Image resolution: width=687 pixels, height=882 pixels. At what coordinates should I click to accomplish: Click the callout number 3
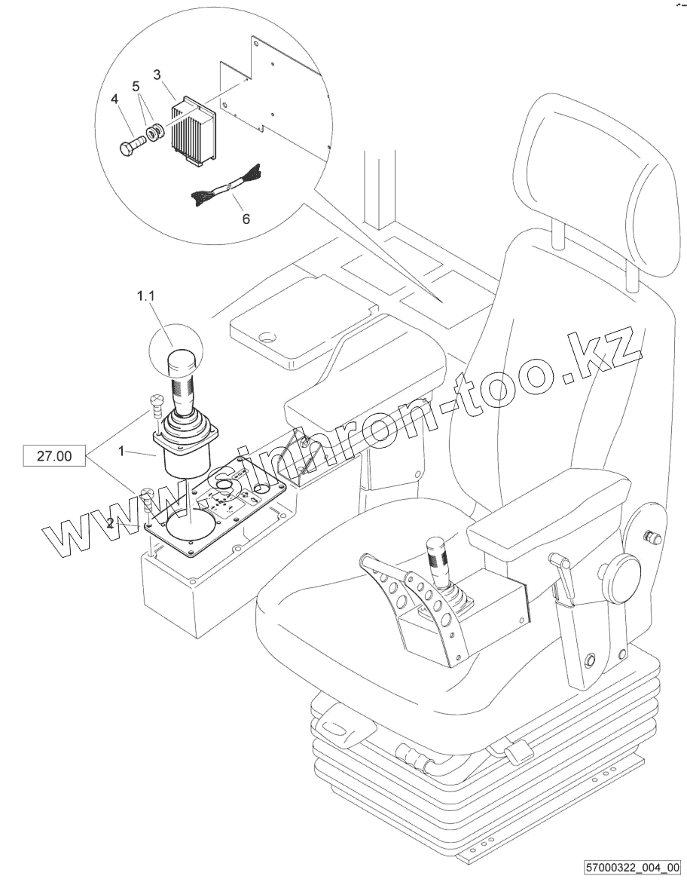coord(157,75)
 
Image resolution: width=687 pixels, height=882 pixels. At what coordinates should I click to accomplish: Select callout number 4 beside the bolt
coord(114,99)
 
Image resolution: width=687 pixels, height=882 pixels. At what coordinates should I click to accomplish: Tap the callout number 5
coord(136,87)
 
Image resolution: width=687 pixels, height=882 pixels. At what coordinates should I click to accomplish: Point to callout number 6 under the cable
coord(246,219)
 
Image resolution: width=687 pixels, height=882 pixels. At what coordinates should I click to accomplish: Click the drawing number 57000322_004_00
coord(631,868)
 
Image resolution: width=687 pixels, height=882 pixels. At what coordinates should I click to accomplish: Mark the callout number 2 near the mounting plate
coord(111,523)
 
